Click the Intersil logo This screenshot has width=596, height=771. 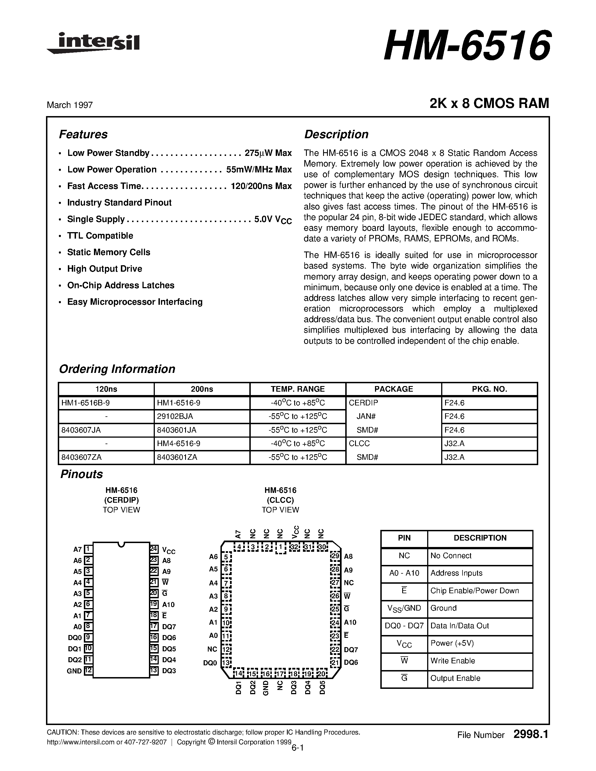click(x=94, y=43)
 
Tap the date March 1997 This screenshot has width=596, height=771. click(x=70, y=105)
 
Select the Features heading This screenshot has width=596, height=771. click(x=83, y=135)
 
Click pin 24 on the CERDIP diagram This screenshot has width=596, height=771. click(x=154, y=549)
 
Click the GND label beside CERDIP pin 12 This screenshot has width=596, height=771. click(x=74, y=671)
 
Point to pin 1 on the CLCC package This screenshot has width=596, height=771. click(x=280, y=548)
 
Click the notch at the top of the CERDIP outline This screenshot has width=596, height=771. click(x=121, y=544)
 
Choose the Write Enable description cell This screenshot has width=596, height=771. click(x=453, y=661)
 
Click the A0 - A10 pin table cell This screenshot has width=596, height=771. click(x=404, y=573)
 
